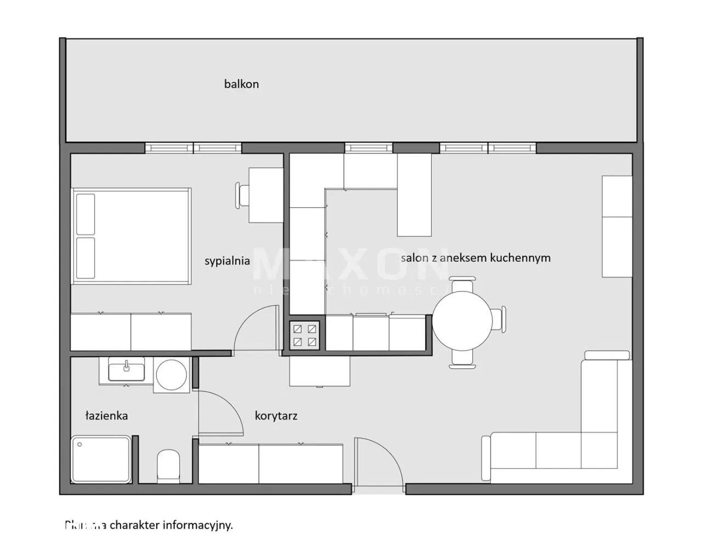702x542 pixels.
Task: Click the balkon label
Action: (241, 84)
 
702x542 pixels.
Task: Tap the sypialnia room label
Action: (227, 261)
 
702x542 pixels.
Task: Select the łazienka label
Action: (106, 415)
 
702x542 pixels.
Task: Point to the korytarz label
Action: (276, 415)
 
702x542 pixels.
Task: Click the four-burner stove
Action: (305, 335)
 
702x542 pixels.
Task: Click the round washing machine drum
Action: (172, 374)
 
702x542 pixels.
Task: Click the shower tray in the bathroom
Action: (101, 459)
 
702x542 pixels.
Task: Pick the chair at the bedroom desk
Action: (243, 195)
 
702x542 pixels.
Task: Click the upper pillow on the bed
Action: (86, 213)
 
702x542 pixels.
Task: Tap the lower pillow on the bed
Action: (86, 258)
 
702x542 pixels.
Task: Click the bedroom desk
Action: (266, 195)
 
